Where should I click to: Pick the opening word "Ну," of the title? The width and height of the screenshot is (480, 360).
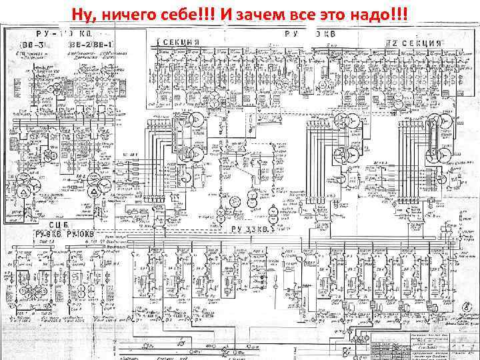tap(87, 14)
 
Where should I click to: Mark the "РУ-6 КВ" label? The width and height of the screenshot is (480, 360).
tap(47, 235)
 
